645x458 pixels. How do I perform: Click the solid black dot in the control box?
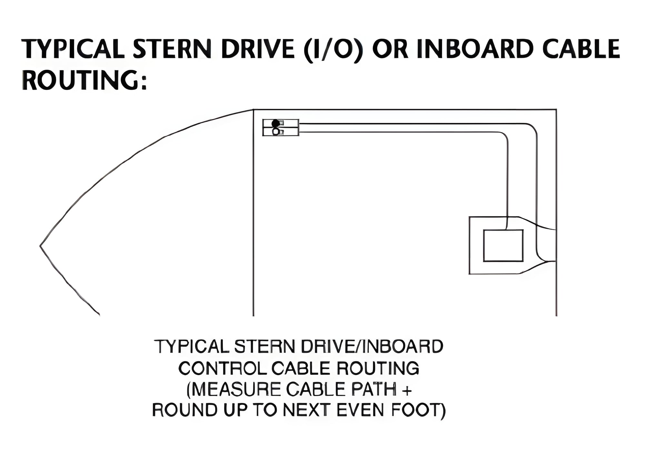tap(275, 123)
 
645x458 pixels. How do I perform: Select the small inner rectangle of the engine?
tap(503, 245)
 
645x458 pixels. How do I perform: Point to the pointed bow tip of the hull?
tap(40, 246)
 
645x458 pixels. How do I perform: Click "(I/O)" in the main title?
tap(333, 50)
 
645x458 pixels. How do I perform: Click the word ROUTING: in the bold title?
tap(85, 80)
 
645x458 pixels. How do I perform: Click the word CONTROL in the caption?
tap(223, 368)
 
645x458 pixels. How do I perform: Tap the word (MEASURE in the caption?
tap(234, 389)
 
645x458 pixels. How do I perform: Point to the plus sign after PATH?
tap(407, 390)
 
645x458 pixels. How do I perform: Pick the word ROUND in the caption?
tap(184, 410)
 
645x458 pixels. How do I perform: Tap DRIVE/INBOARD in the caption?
tap(372, 347)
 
